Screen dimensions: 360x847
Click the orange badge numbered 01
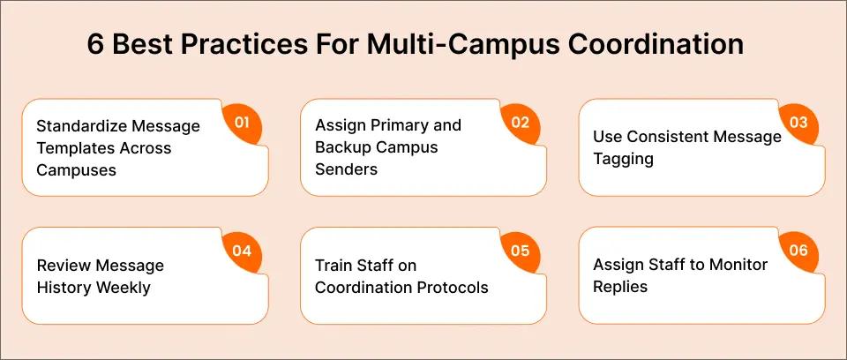tap(242, 123)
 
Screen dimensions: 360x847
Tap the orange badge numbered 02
tap(520, 123)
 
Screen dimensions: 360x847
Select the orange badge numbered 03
tap(798, 123)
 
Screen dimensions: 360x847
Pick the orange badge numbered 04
tap(242, 251)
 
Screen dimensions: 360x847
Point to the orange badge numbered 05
tap(520, 251)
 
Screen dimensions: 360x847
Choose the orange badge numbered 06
tap(798, 251)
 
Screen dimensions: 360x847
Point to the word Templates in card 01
tap(73, 147)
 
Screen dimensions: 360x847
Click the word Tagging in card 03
tap(623, 159)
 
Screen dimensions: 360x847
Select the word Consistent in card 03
tap(667, 137)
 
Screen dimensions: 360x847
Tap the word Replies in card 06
tap(621, 287)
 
